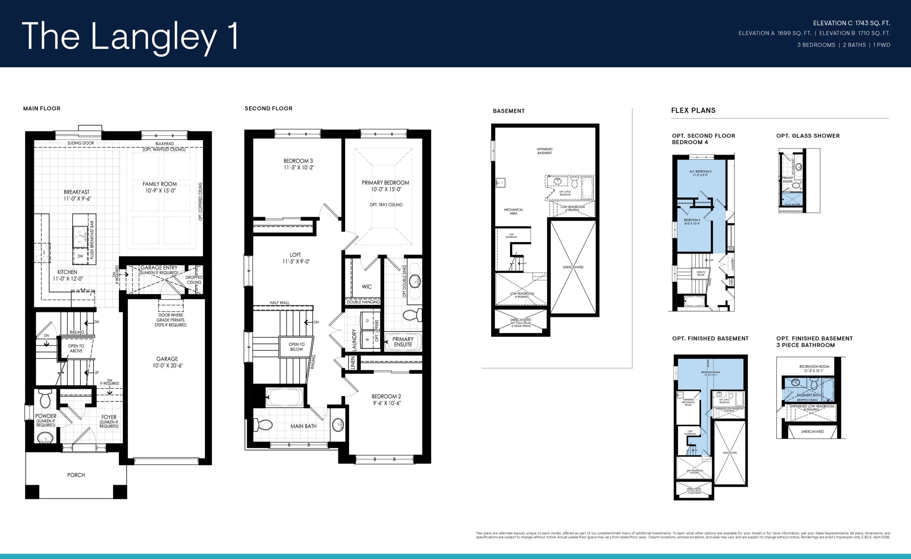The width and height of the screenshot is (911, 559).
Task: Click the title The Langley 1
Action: pos(130,36)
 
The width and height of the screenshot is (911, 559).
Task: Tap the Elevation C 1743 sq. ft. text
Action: pos(851,23)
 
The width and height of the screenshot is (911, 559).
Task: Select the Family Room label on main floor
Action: pos(160,187)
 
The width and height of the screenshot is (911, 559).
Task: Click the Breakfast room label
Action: pos(77,195)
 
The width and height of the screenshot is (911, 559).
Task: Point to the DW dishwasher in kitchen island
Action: pos(80,256)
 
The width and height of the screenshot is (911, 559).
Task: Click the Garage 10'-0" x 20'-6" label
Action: pos(167,362)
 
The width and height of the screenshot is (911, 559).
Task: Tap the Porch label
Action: pos(76,475)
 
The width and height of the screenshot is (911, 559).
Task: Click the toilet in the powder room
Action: pos(45,398)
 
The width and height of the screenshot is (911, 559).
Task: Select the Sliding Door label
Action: pos(80,143)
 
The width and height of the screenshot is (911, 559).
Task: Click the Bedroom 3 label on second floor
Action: pos(298,164)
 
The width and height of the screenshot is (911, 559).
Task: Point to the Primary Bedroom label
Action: pos(385,186)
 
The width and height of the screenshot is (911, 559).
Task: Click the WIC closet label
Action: pos(367,286)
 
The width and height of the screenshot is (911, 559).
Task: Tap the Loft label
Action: pos(295,258)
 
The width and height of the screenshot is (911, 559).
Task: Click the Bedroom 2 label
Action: pos(386,400)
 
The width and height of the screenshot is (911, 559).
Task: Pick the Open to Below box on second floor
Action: pos(296,347)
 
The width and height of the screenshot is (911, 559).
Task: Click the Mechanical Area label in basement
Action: pos(513,211)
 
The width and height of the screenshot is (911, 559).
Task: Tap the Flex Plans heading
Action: pos(693,110)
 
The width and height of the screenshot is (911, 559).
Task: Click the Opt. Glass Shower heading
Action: pos(807,136)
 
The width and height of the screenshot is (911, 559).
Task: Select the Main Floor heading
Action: pos(42,108)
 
